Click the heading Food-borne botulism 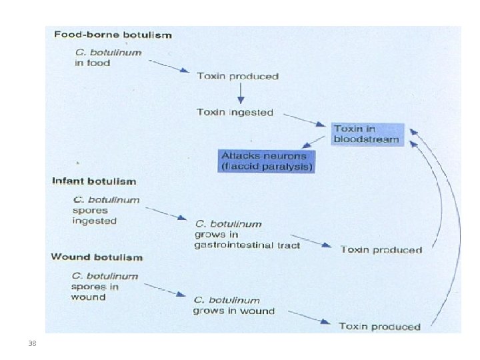click(113, 35)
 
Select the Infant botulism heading click(94, 181)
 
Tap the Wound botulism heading click(97, 257)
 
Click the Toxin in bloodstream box click(367, 134)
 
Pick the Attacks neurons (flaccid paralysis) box click(266, 161)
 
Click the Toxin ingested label click(235, 113)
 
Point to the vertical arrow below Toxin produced click(241, 93)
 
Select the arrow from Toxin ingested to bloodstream click(305, 120)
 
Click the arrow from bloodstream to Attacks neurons click(313, 142)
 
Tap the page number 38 click(32, 343)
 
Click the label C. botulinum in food click(109, 57)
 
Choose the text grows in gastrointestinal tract click(247, 240)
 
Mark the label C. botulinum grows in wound click(234, 305)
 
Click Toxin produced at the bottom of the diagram click(379, 326)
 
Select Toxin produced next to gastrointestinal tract click(381, 250)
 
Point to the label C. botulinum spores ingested click(106, 210)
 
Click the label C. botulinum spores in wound click(105, 287)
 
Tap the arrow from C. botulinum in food click(169, 66)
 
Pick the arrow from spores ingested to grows click(166, 214)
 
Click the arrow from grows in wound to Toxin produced click(309, 317)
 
